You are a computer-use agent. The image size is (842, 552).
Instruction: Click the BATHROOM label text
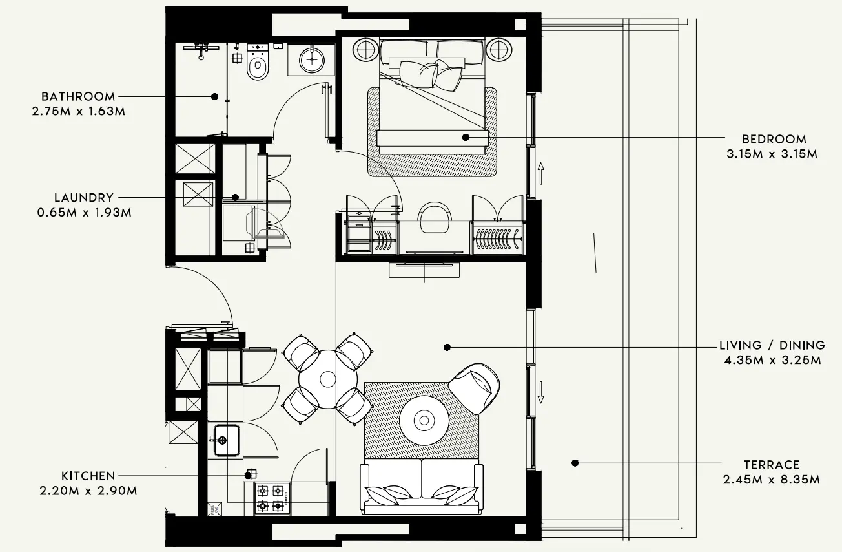click(78, 97)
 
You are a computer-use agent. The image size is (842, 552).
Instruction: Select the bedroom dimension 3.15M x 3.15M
click(772, 154)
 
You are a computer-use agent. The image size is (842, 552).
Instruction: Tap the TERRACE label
click(771, 465)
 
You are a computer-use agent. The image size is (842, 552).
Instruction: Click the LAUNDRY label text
click(84, 198)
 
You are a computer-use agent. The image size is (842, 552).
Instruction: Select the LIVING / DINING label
click(772, 345)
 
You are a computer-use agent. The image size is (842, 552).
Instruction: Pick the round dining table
click(328, 379)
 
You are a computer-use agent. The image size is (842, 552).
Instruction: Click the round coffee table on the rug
click(424, 421)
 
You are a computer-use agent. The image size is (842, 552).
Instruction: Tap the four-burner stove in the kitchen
click(271, 498)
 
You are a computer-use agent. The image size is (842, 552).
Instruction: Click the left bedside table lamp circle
click(365, 49)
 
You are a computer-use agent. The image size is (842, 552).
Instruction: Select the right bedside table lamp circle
click(499, 49)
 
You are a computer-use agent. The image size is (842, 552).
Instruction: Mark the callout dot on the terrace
click(574, 463)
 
